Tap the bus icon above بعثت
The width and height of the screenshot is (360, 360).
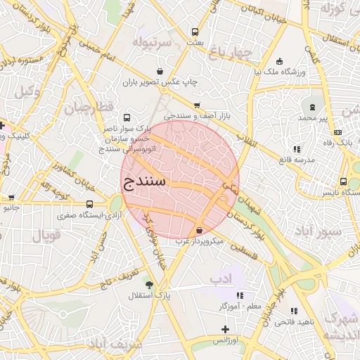point(195,32)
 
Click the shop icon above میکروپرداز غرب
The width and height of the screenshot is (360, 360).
point(200,230)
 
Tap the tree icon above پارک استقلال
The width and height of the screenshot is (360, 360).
point(148,283)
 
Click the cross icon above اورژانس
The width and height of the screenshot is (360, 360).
point(225,329)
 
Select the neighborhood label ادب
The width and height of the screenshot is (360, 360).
point(220,279)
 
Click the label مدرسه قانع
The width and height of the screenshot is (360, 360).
point(293,159)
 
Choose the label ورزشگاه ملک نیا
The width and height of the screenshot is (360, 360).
point(280,72)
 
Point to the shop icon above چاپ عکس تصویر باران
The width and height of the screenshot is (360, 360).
point(160,72)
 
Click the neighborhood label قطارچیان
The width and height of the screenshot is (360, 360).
point(89,108)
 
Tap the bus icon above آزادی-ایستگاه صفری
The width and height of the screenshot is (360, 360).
point(89,204)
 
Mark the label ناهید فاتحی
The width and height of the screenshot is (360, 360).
point(294,321)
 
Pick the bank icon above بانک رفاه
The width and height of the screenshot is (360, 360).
point(338,132)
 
